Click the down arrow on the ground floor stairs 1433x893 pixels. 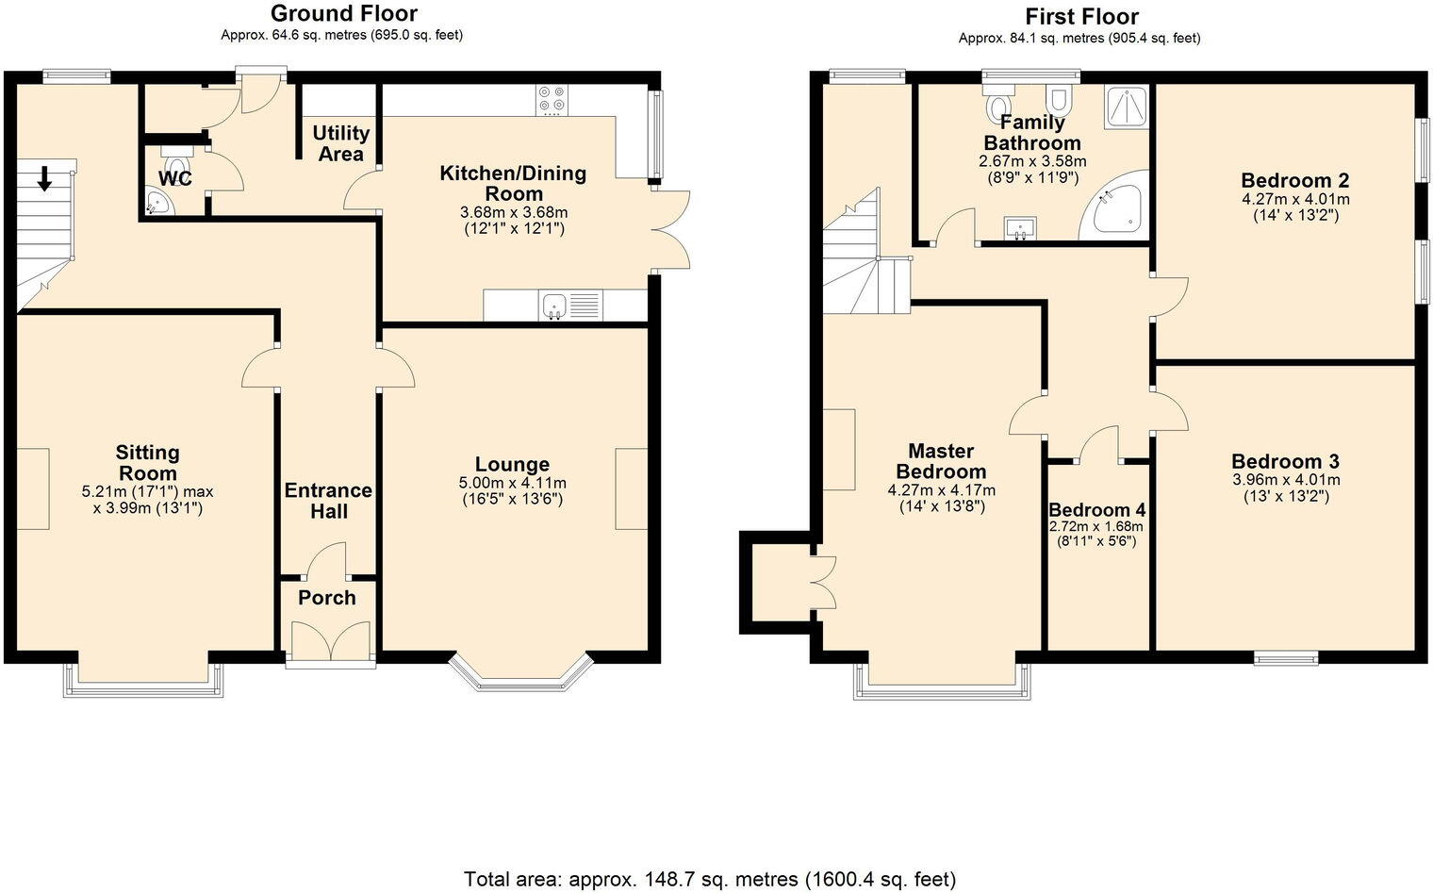(x=43, y=177)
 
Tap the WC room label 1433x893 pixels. (x=175, y=178)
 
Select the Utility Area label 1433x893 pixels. (x=340, y=143)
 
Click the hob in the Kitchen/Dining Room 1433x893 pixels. (x=552, y=100)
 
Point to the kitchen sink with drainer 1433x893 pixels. (x=569, y=306)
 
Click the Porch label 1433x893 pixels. (x=327, y=598)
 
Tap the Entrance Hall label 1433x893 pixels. (x=328, y=501)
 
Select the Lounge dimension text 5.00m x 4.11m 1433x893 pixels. (x=513, y=483)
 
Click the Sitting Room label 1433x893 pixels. (x=148, y=463)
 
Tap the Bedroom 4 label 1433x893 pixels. (x=1096, y=510)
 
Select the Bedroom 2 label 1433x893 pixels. (x=1294, y=181)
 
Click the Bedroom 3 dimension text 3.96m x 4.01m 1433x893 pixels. (x=1285, y=480)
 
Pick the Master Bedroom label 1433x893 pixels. (x=941, y=462)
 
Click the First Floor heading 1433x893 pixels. (x=1080, y=17)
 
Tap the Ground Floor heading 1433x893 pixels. (x=343, y=13)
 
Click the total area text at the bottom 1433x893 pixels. (x=709, y=879)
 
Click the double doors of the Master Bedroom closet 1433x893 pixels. (x=822, y=582)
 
